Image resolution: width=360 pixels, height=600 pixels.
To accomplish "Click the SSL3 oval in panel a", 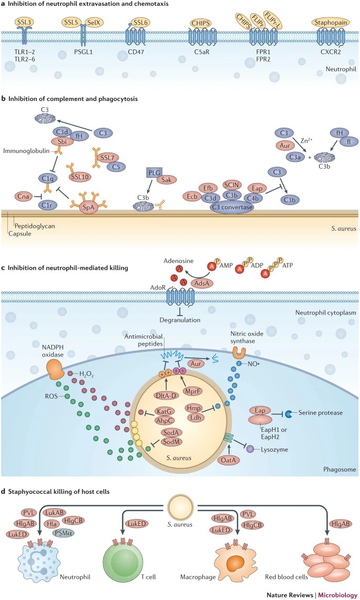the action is (x=24, y=23).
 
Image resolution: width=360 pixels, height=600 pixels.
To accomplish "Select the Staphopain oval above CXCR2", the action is (x=331, y=23).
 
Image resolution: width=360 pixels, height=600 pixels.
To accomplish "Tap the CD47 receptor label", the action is (x=136, y=52).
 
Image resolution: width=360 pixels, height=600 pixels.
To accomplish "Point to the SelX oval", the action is (x=94, y=23).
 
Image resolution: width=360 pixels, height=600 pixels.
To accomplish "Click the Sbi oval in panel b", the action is (x=62, y=141).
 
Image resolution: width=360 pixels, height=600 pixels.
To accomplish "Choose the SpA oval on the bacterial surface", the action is (x=88, y=207).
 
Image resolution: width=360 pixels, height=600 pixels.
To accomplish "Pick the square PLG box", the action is (x=155, y=173).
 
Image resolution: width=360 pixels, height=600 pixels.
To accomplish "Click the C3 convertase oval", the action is (x=232, y=207).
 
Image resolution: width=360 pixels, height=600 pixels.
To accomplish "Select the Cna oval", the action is (x=23, y=196).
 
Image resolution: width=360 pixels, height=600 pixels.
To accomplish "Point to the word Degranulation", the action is (x=180, y=320).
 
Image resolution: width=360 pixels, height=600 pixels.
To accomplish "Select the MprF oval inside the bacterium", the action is (x=192, y=391).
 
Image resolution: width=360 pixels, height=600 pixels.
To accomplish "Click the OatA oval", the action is (x=229, y=460).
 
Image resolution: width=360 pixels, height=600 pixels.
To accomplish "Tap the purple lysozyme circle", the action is (x=250, y=449).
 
